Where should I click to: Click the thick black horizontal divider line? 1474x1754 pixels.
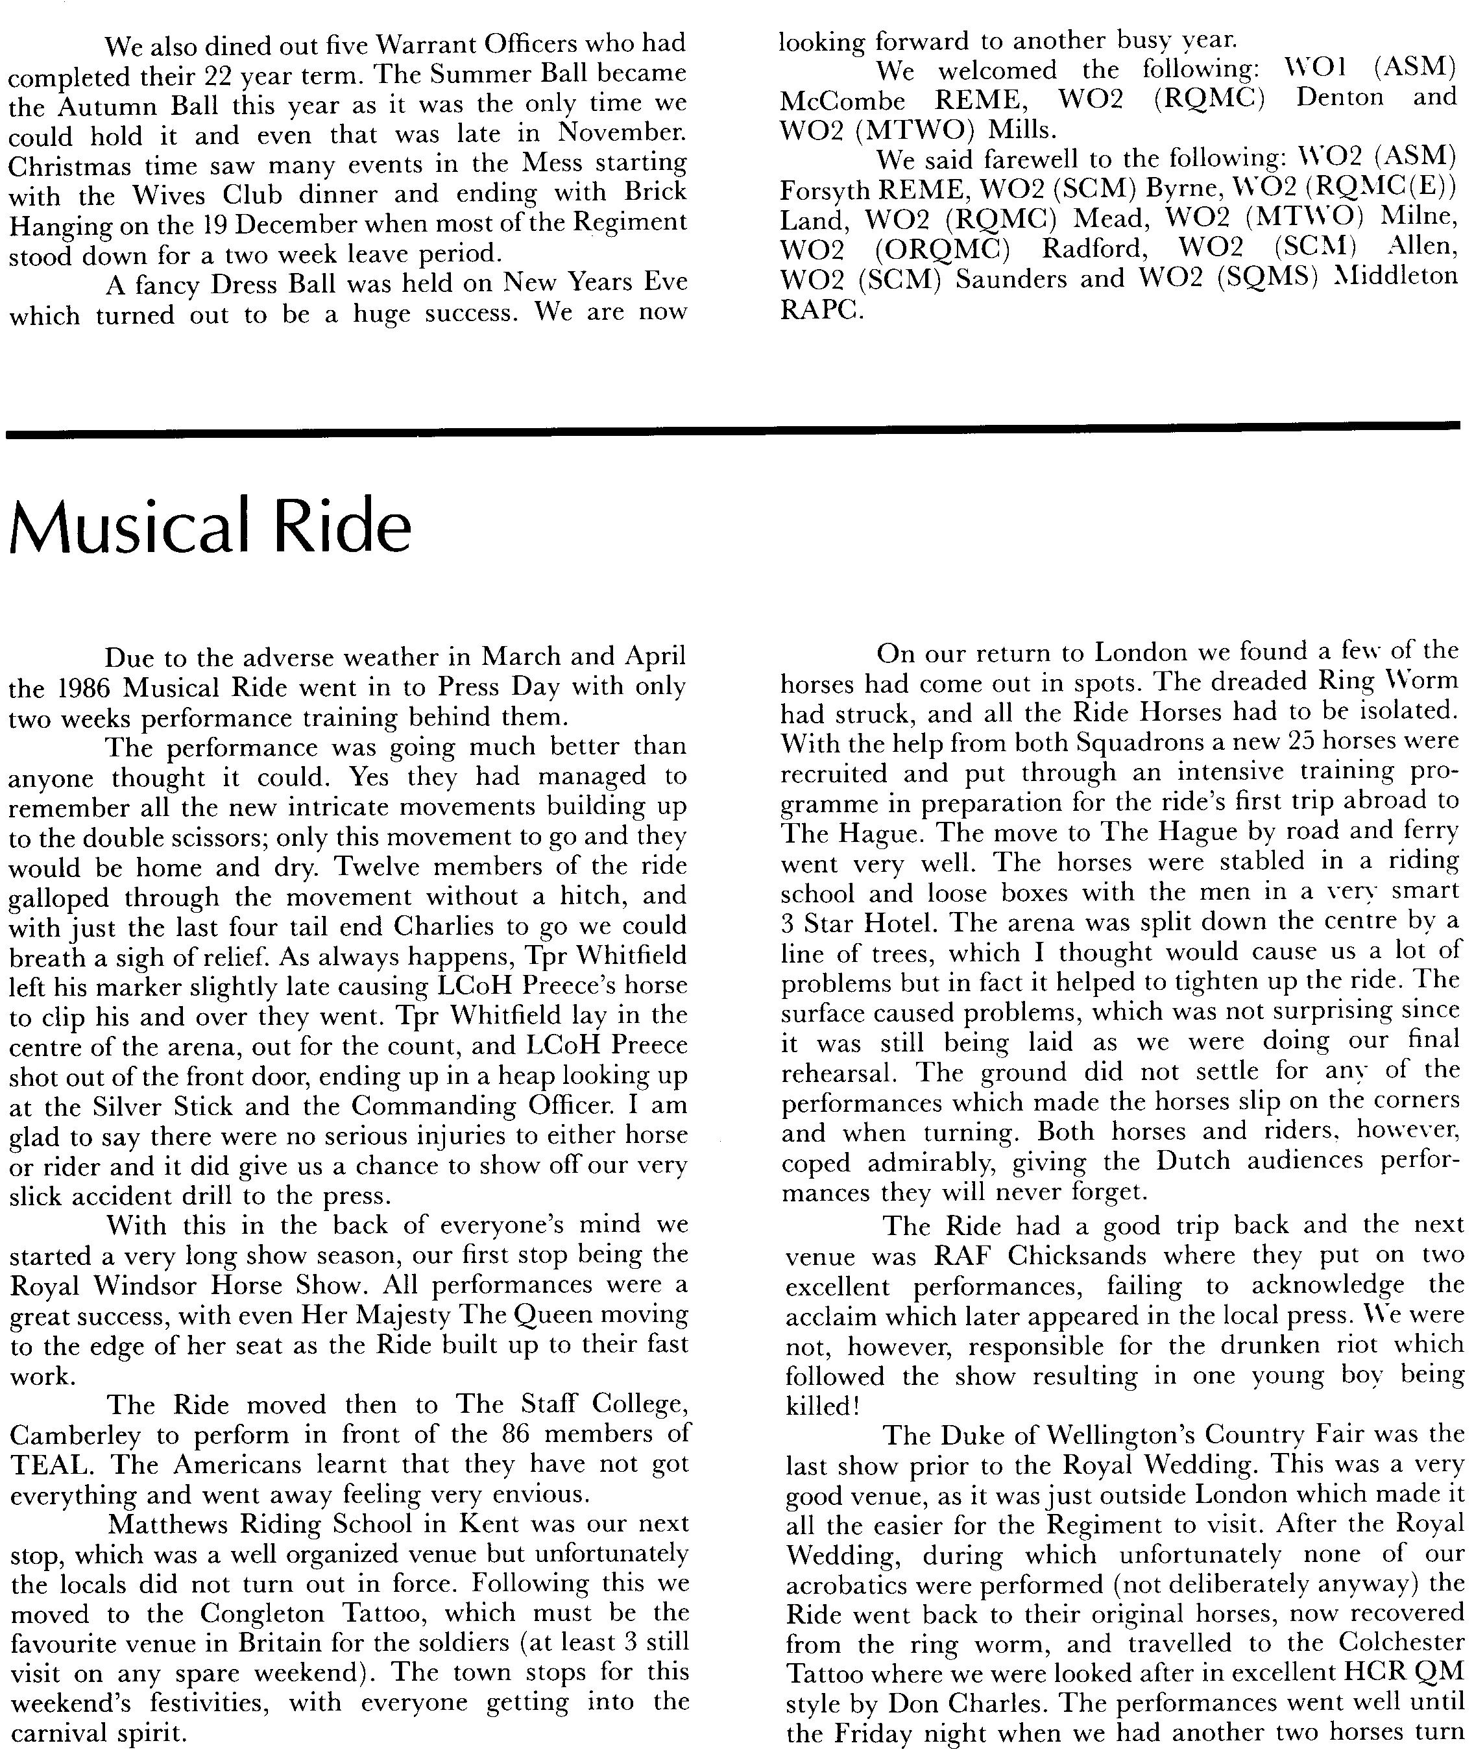[x=735, y=430]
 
